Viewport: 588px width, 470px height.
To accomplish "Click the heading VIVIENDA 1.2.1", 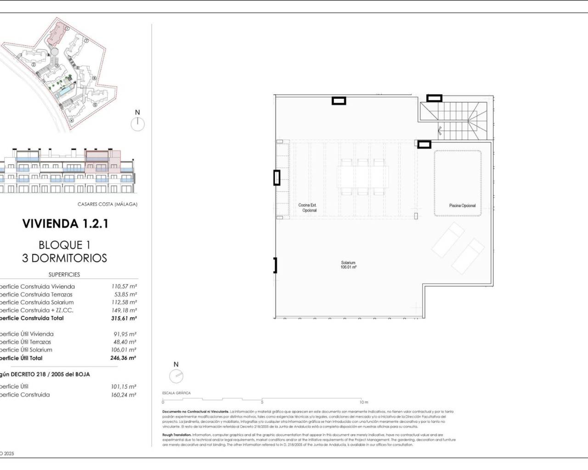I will point(65,224).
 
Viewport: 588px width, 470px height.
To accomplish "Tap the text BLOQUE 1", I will point(64,245).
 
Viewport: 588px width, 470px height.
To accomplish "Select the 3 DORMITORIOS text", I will point(64,258).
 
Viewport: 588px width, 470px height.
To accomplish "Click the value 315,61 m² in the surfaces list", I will point(123,318).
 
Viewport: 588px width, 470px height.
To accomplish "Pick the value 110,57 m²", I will point(124,286).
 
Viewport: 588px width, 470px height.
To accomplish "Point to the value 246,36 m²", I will point(123,358).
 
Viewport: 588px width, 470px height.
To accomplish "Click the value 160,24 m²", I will point(123,395).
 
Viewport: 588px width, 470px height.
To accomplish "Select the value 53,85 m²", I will point(125,294).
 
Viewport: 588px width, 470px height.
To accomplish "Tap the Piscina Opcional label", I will point(462,206).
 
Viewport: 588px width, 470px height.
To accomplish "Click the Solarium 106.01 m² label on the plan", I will point(348,265).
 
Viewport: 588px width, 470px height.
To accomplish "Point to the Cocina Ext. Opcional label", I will point(307,208).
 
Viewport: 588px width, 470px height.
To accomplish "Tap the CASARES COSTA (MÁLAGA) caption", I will point(107,204).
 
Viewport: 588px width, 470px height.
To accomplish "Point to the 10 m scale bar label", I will point(364,402).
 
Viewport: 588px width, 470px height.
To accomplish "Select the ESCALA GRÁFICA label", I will point(176,393).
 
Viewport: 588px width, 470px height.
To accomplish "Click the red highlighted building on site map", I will point(57,34).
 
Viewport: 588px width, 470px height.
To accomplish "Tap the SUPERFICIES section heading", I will point(64,274).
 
